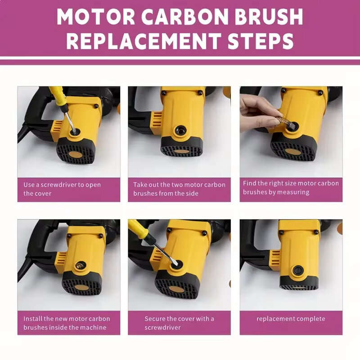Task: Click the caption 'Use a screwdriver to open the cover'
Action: coord(62,189)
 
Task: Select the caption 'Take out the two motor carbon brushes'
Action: coord(179,189)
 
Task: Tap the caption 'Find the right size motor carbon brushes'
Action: coord(291,188)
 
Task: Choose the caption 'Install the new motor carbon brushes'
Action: coord(67,323)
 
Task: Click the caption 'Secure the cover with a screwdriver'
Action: coord(179,323)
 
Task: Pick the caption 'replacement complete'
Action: coord(291,319)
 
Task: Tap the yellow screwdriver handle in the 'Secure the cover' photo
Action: coord(138,229)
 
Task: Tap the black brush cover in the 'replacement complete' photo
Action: coord(297,270)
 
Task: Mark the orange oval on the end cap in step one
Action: coord(75,154)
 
